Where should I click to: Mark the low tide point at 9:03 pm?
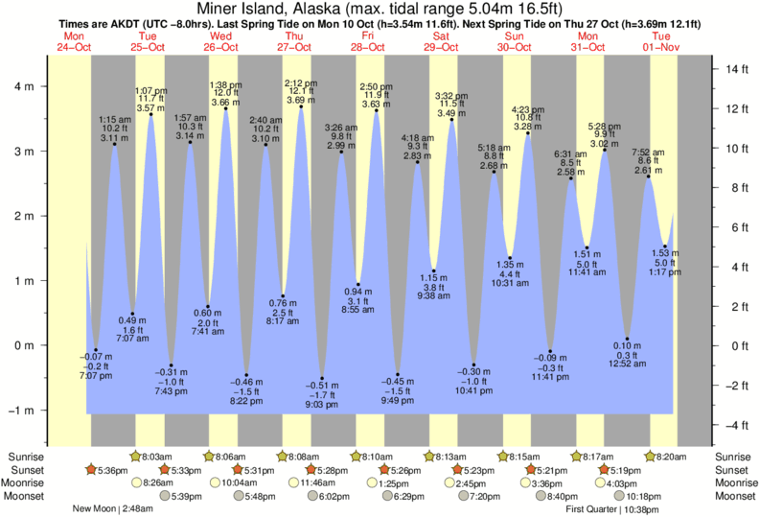323,379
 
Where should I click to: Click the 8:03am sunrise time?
156,457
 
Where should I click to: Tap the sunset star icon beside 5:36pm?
91,470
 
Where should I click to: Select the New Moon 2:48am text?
113,508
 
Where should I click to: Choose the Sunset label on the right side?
735,470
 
